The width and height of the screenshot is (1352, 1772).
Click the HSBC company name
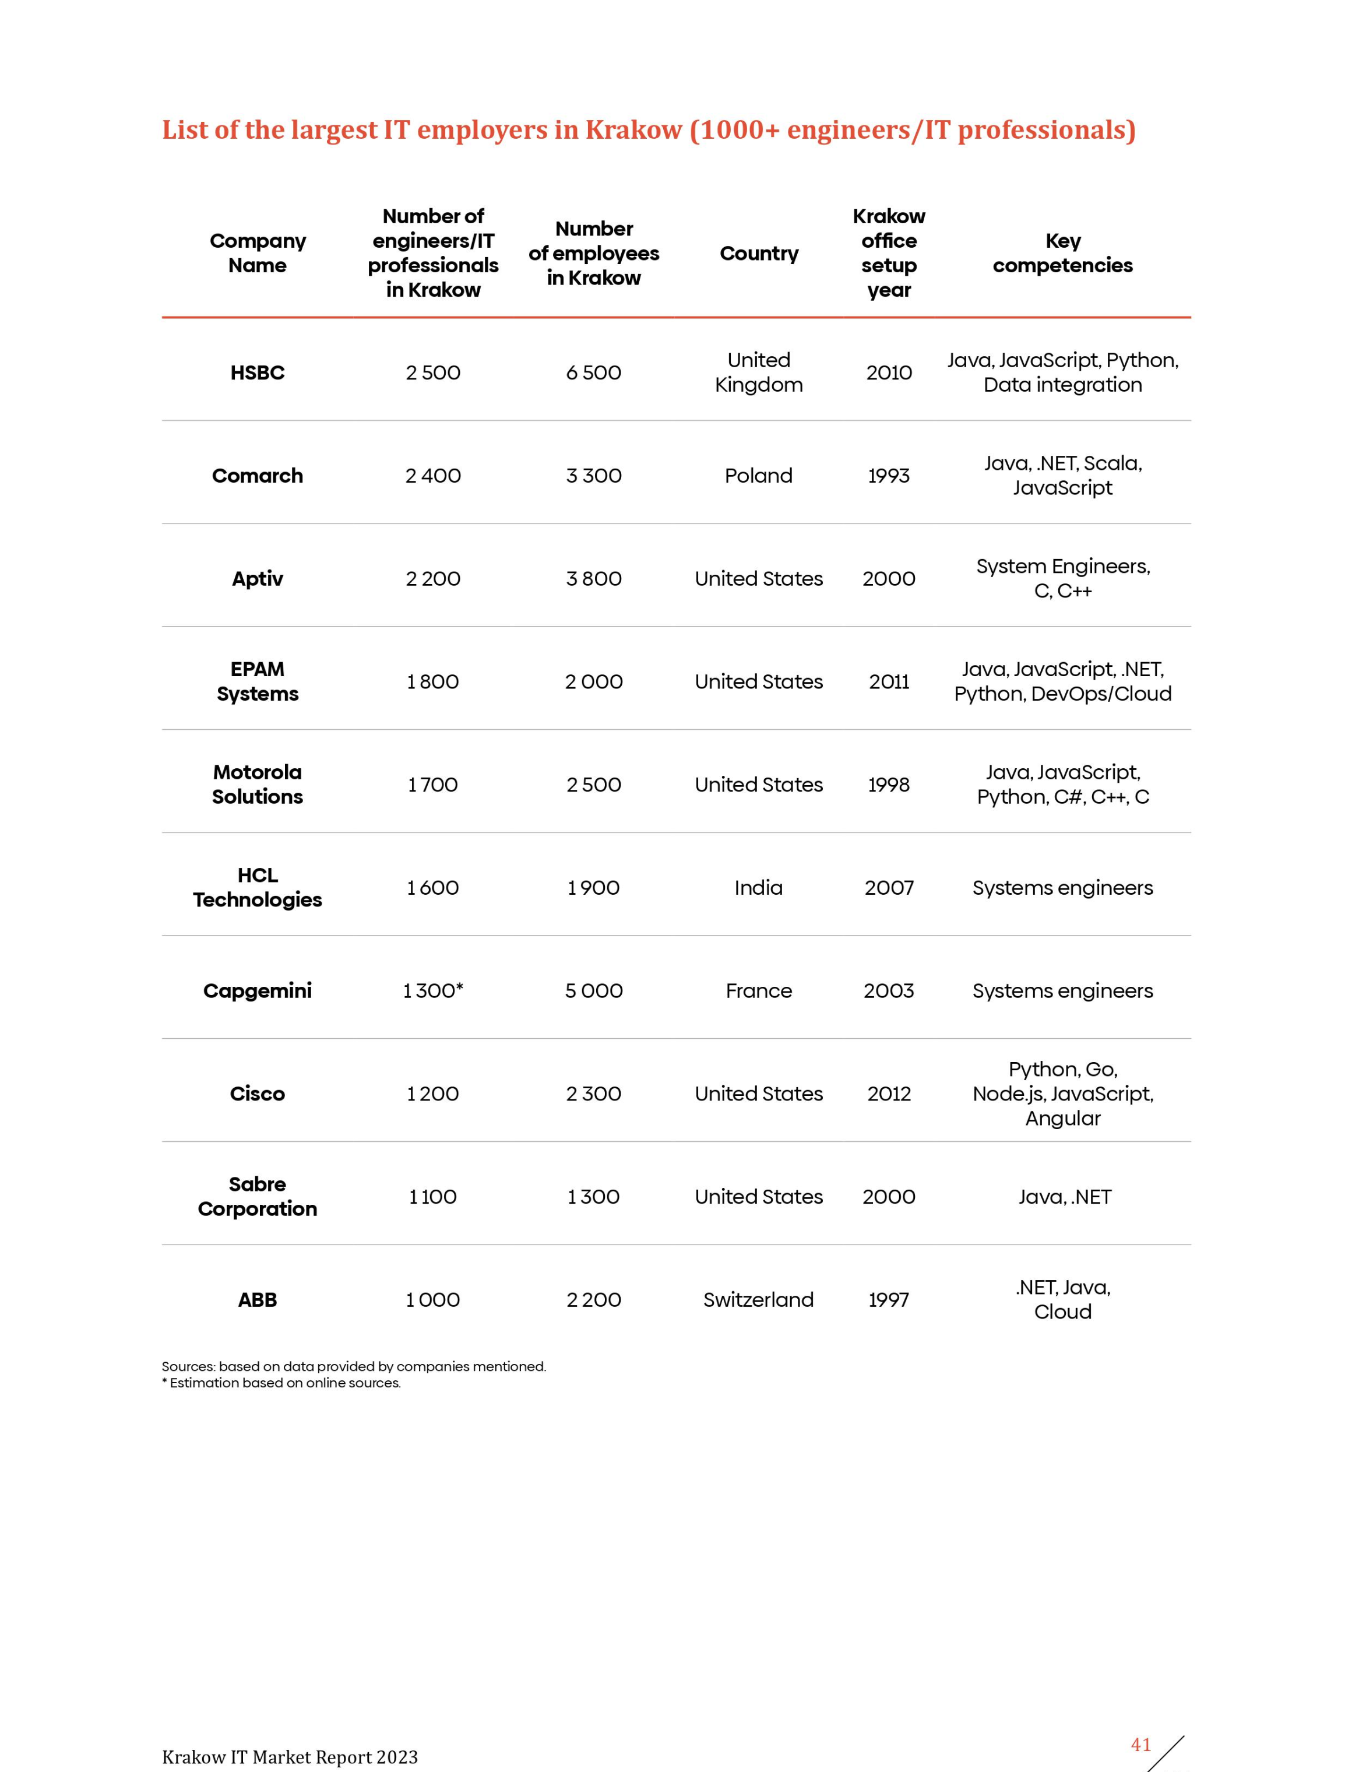[258, 372]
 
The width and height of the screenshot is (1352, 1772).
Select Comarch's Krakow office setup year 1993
[889, 476]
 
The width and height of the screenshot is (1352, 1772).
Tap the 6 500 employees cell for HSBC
[594, 372]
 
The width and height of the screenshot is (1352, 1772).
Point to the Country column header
[759, 254]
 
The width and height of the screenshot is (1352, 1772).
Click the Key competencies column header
[1062, 254]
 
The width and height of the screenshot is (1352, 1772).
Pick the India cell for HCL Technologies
[758, 888]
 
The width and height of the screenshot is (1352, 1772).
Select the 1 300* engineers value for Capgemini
[433, 990]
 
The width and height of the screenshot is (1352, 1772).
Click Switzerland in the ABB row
[758, 1300]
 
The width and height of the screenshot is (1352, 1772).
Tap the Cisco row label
[258, 1094]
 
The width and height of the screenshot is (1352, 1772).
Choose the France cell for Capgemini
[758, 990]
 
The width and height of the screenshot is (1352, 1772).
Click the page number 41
[1140, 1745]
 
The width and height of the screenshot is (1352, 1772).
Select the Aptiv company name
[258, 579]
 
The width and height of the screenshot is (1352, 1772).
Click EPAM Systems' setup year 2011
[889, 681]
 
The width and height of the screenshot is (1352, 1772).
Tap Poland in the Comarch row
[758, 476]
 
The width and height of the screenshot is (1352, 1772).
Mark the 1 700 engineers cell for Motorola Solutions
[433, 785]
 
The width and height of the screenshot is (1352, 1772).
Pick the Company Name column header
[258, 254]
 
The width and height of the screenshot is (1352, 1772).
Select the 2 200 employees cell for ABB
[594, 1300]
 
